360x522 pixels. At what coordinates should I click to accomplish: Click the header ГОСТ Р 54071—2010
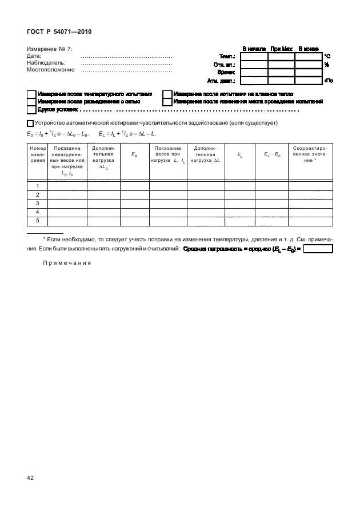pos(59,31)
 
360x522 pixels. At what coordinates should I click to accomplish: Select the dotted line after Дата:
pos(127,57)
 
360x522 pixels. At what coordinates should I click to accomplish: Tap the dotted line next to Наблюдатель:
pos(127,63)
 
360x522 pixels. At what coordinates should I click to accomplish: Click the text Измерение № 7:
pos(50,50)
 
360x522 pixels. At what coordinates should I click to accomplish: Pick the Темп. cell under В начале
pos(254,57)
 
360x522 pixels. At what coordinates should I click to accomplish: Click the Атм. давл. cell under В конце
pos(309,81)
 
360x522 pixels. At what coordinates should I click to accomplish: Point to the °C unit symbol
pos(327,57)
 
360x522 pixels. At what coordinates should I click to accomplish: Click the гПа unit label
pos(329,81)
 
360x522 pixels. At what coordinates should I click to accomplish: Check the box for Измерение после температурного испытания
pos(31,94)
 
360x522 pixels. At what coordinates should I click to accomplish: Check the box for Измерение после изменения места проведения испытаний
pos(167,101)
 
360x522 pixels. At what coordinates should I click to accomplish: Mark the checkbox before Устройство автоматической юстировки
pos(30,123)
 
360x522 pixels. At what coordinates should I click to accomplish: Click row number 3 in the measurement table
pos(38,203)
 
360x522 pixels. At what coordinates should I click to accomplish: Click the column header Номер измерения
pos(38,154)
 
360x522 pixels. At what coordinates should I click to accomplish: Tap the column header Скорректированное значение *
pos(309,154)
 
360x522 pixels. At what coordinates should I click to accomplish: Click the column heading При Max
pos(281,49)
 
